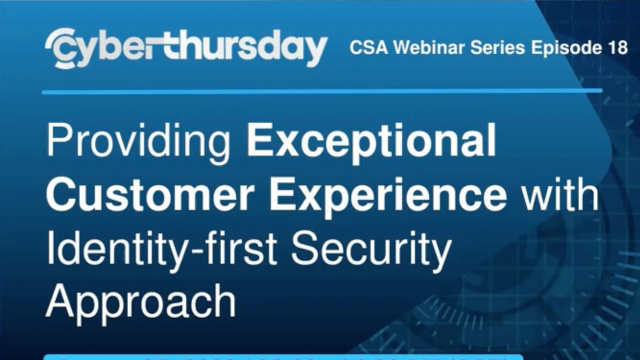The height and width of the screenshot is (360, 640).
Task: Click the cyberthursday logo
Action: pyautogui.click(x=187, y=47)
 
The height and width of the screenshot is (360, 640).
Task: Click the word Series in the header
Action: pyautogui.click(x=487, y=47)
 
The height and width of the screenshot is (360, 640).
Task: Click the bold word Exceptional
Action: pyautogui.click(x=371, y=142)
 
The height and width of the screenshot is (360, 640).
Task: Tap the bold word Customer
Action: pyautogui.click(x=131, y=195)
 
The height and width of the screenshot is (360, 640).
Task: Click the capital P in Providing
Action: pyautogui.click(x=59, y=142)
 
